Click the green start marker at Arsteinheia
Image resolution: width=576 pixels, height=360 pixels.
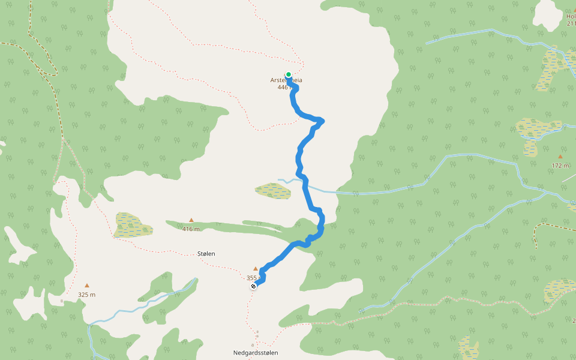click(289, 74)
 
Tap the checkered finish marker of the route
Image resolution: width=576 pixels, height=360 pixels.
click(254, 287)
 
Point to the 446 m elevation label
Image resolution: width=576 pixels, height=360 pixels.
click(284, 88)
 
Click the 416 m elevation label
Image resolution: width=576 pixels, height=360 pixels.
click(191, 229)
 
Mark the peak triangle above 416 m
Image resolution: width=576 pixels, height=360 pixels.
click(191, 220)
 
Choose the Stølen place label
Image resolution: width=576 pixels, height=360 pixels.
click(206, 254)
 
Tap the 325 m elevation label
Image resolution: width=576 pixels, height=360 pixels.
click(86, 295)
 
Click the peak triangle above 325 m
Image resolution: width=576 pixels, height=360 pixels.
click(87, 286)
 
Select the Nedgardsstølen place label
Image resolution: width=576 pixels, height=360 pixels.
click(256, 353)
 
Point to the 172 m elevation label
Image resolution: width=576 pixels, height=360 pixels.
click(560, 165)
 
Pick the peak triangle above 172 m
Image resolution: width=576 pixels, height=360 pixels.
click(560, 157)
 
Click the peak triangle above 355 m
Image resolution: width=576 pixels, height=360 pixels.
click(256, 269)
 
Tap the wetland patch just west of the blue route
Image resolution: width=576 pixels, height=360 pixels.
click(273, 191)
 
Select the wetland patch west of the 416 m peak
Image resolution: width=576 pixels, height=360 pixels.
click(133, 224)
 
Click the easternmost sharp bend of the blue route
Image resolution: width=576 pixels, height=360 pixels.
click(323, 121)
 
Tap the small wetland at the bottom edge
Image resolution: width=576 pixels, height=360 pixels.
click(468, 348)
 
